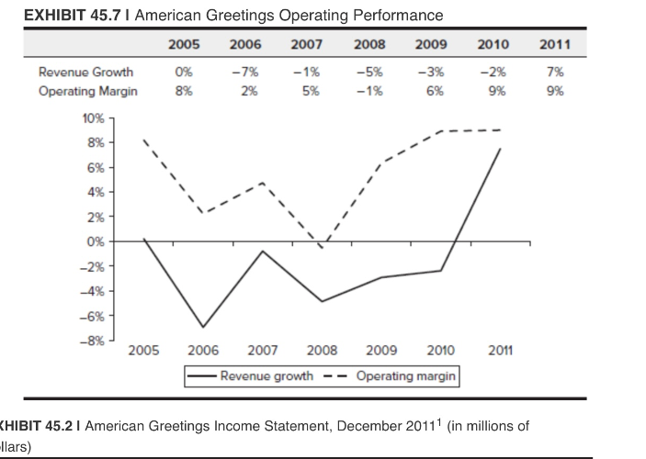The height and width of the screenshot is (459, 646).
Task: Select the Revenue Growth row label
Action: click(85, 72)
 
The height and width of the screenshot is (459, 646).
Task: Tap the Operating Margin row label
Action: click(88, 91)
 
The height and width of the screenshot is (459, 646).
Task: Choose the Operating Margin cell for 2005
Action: click(184, 91)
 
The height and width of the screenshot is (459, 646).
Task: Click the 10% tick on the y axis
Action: click(96, 118)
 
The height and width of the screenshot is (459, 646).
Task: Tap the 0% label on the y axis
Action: click(97, 241)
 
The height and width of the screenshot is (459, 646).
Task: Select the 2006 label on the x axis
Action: click(203, 351)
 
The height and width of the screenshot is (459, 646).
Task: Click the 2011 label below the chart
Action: click(499, 351)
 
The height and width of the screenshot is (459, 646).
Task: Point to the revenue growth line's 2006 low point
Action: click(203, 327)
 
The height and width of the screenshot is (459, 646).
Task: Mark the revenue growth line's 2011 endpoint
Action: click(499, 149)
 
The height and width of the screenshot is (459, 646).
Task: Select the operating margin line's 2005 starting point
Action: click(144, 140)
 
